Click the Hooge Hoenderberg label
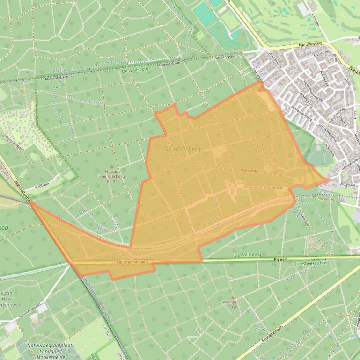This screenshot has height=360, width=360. (111, 174)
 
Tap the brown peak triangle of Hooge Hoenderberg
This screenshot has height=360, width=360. (111, 166)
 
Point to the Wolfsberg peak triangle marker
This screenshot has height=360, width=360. (233, 297)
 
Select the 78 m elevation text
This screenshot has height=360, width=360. (233, 307)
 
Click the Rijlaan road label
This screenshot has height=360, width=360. (280, 258)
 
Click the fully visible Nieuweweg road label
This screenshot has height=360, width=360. (308, 45)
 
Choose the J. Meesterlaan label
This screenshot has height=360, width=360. (249, 171)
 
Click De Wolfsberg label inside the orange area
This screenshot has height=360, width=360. (183, 149)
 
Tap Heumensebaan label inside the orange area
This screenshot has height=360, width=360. (136, 263)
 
